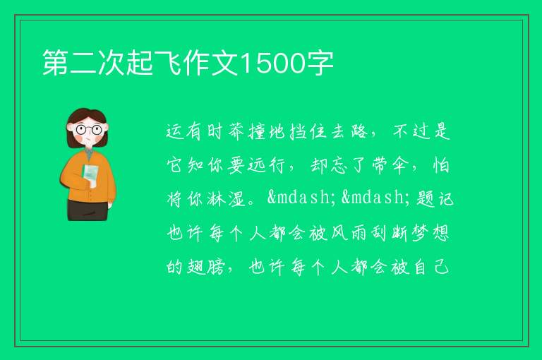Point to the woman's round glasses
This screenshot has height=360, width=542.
coord(89,130)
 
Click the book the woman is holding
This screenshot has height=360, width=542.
coord(90,174)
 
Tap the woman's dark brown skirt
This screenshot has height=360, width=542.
coord(87,210)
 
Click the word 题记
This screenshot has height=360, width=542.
coord(435,198)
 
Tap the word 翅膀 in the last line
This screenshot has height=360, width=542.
coord(206,266)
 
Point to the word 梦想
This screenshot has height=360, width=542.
coord(430,233)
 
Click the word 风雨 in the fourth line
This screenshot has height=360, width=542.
coord(349,233)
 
